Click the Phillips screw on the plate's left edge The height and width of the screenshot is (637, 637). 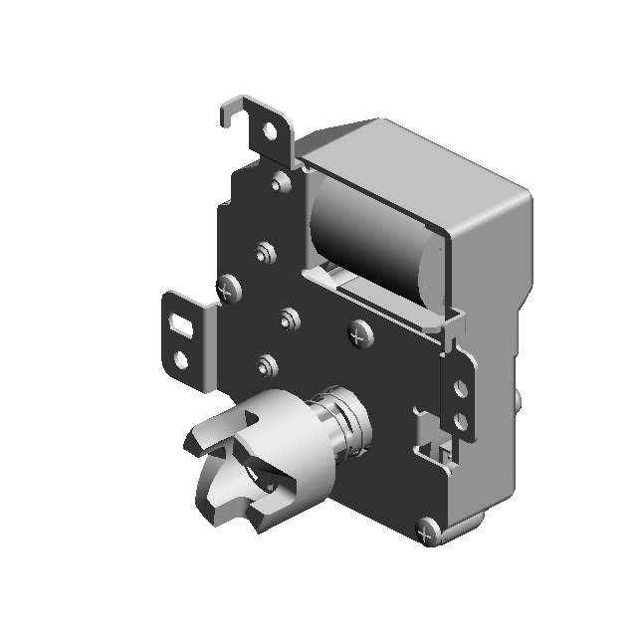pos(230,290)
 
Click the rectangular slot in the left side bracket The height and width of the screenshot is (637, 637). pos(182,322)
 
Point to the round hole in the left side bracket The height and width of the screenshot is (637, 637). pos(180,356)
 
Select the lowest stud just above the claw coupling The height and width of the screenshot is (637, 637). pos(264,363)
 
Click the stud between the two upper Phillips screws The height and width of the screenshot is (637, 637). pos(290,318)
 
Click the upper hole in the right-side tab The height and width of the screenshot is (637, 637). pos(460,386)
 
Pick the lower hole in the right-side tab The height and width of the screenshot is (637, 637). pos(460,422)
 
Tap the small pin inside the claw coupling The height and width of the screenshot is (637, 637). pos(266,486)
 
